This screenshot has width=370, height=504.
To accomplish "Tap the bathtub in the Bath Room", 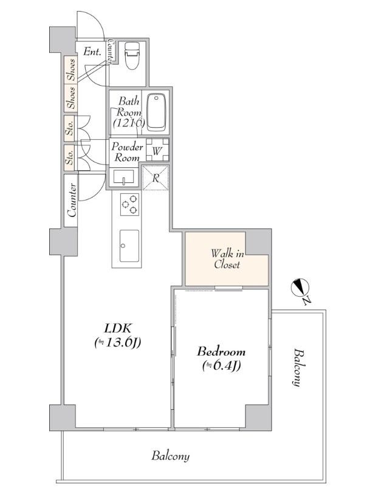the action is [156, 112].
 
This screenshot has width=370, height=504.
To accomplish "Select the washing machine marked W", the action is [157, 150].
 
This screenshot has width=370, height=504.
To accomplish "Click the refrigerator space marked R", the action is [156, 178].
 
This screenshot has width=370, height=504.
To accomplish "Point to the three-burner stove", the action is [130, 204].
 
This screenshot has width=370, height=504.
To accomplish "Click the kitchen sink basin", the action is [129, 246].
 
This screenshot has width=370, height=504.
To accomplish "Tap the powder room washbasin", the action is [124, 177].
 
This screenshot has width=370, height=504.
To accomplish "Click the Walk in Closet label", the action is [227, 259].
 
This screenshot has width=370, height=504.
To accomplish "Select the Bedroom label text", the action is [221, 351].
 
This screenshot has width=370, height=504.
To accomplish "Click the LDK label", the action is [117, 328].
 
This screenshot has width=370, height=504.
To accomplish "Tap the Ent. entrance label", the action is [92, 52].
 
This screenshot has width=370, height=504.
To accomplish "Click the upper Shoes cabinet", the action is [71, 70].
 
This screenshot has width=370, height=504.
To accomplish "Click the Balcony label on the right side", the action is [298, 367].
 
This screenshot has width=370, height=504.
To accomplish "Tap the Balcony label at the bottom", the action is [171, 456].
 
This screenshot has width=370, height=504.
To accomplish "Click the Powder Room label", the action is [127, 153].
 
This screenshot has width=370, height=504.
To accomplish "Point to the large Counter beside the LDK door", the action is [71, 200].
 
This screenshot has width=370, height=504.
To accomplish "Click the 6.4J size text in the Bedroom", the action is [222, 366].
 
